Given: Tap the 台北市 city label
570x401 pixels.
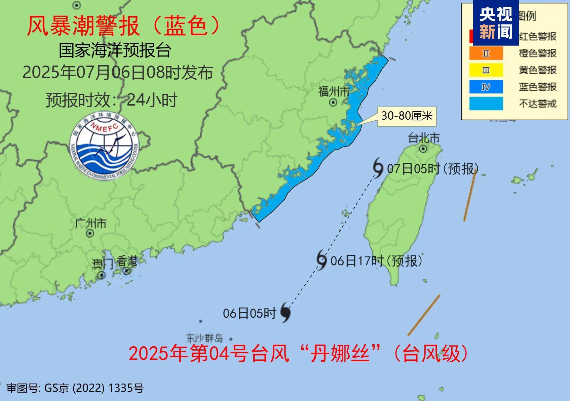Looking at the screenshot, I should coord(423,138).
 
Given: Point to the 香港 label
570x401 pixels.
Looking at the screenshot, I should coord(127,261).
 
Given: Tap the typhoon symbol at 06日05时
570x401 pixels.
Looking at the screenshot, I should coord(286,312).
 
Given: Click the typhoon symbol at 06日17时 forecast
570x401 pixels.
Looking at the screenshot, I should coord(321,260).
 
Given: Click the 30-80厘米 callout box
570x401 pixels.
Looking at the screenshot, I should coord(407,116).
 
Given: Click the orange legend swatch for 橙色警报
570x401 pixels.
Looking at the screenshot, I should coord(486,53).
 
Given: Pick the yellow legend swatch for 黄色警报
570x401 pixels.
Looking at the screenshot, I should coord(486,70).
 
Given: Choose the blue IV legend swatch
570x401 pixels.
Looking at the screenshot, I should coord(486,87).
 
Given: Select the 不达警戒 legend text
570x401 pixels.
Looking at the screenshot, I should coord(537,104).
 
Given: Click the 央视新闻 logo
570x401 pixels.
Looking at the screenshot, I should coord(496,23).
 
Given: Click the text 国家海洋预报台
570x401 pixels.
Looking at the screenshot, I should coord(115,50).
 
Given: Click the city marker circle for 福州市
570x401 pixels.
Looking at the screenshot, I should coord(333,102).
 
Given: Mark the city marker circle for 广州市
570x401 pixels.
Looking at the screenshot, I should coord(90,233).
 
